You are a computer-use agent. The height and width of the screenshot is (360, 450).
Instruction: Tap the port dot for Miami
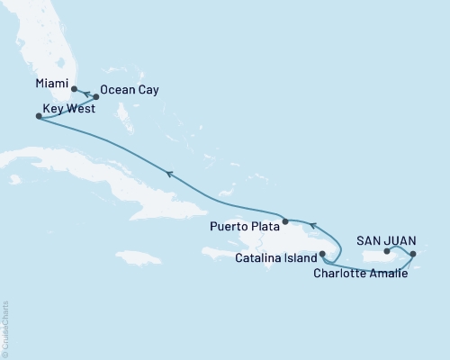(74, 89)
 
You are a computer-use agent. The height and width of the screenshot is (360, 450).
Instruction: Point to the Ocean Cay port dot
(96, 96)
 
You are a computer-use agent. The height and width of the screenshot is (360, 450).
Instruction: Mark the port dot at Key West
(37, 116)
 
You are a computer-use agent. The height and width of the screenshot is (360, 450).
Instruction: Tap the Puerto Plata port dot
(284, 220)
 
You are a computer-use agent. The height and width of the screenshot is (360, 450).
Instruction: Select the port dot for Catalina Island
(321, 254)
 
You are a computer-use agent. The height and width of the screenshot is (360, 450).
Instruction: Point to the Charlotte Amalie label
(366, 274)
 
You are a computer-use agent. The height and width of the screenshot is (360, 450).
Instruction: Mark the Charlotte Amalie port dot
(413, 255)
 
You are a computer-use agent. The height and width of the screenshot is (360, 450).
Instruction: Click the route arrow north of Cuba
(166, 173)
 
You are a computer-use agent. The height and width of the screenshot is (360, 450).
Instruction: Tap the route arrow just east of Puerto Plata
(311, 225)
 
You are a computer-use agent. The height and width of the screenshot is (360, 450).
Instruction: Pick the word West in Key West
(85, 116)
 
